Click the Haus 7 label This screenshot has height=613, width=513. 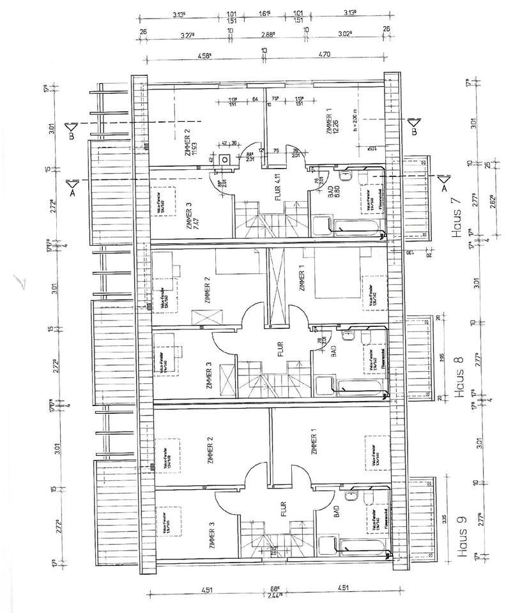click(x=456, y=218)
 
